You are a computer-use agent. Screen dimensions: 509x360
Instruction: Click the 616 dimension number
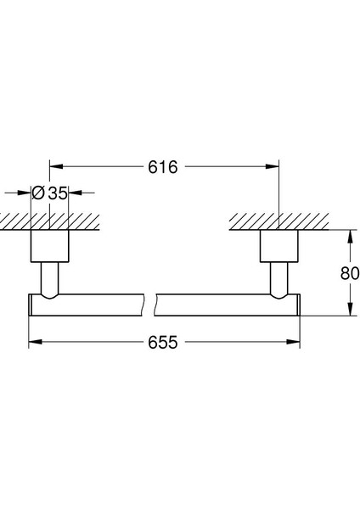[164, 168]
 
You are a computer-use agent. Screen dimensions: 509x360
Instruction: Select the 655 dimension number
[164, 343]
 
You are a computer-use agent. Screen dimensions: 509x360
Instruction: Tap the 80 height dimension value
[349, 273]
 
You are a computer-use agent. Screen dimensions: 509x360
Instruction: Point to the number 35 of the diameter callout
[56, 193]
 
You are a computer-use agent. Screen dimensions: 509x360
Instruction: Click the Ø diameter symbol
[38, 193]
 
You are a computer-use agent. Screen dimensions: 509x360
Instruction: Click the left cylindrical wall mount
[49, 245]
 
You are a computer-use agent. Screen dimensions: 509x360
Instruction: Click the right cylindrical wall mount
[278, 245]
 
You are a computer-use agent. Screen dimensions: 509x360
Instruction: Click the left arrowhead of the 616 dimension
[54, 168]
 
